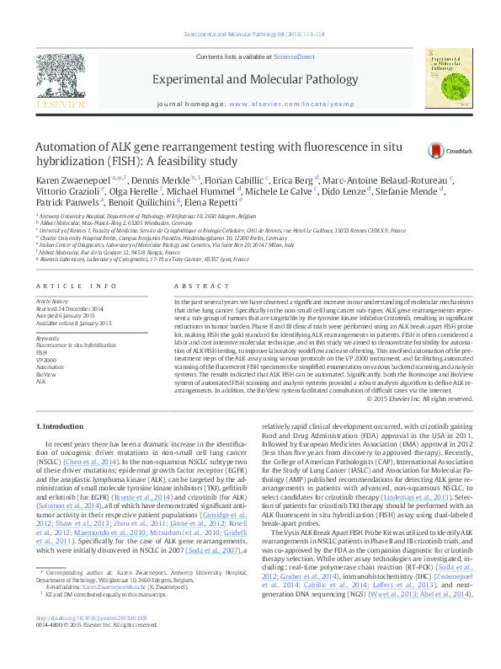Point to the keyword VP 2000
tap(48, 359)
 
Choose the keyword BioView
tap(47, 373)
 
